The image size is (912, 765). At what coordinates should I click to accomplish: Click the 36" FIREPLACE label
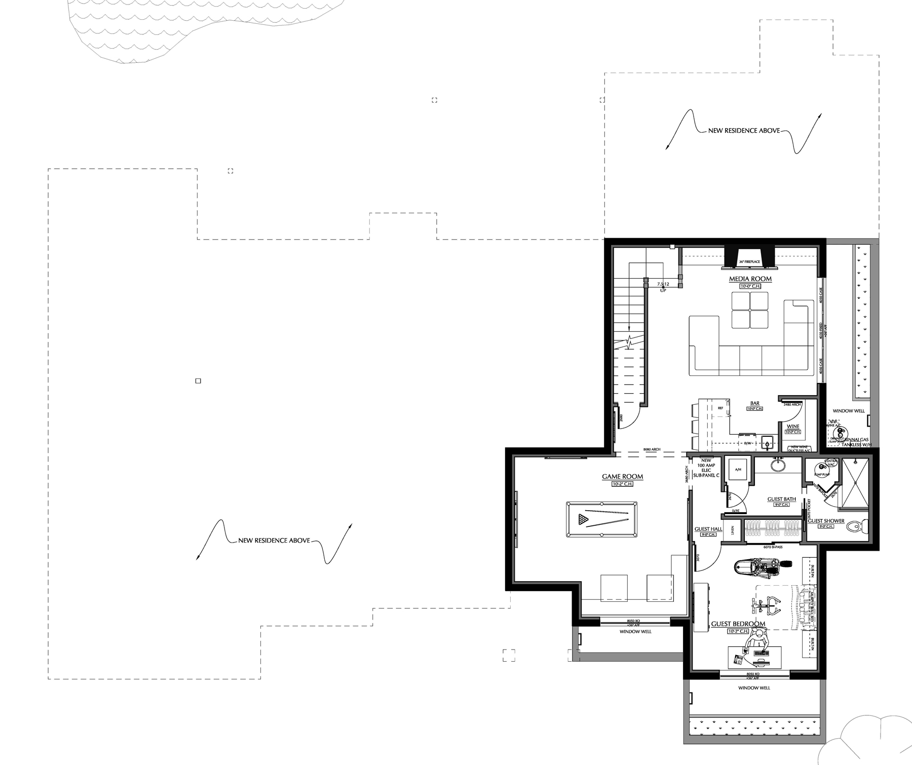[x=749, y=262]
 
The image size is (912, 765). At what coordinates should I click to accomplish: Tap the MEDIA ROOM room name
[x=750, y=279]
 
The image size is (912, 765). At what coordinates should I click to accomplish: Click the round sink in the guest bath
[x=778, y=464]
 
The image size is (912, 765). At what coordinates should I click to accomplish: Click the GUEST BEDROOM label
[x=738, y=624]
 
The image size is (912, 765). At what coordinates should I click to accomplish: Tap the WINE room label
[x=793, y=426]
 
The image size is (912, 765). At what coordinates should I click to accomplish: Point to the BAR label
[x=755, y=403]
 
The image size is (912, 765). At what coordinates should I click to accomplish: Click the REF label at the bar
[x=720, y=407]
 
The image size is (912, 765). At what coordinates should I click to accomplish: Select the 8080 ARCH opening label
[x=652, y=449]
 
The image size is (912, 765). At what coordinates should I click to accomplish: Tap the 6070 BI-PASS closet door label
[x=773, y=547]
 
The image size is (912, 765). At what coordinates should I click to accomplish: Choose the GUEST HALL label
[x=708, y=529]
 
